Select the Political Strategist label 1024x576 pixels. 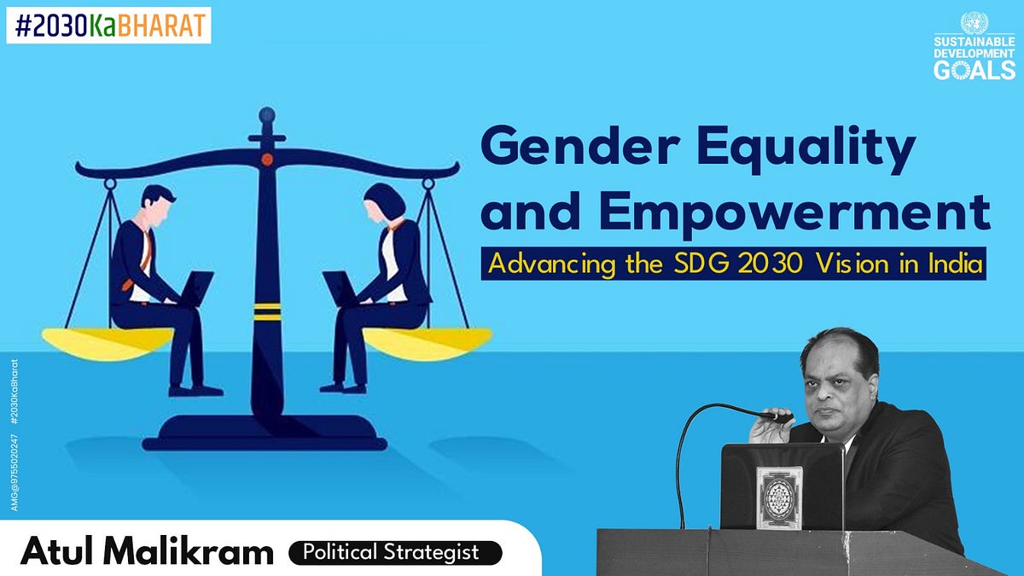point(396,552)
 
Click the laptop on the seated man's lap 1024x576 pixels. point(195,288)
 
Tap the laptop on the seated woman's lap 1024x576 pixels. point(340,288)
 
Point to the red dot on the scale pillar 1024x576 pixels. point(267,159)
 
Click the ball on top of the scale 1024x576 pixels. point(267,113)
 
